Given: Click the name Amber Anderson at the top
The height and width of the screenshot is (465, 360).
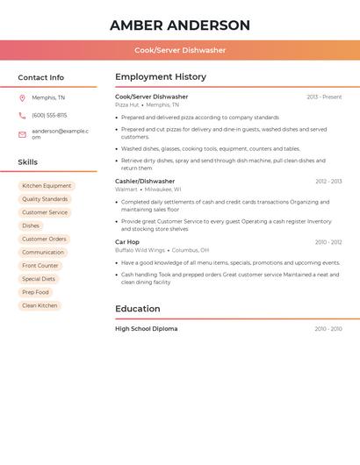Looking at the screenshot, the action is [x=180, y=25].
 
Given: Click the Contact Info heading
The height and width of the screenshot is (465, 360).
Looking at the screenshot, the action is [x=41, y=77].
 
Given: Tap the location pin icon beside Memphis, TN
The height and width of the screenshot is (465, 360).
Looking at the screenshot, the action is [x=22, y=98].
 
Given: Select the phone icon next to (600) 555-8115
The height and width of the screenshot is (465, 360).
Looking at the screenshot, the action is [x=22, y=116].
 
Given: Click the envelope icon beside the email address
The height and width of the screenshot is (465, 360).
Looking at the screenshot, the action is [x=22, y=134].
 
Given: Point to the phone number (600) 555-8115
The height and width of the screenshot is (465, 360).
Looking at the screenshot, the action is [x=49, y=116].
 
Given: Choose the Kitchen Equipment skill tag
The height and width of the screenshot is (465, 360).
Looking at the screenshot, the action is [x=47, y=186].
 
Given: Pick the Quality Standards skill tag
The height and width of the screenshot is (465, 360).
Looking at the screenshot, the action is [x=45, y=199].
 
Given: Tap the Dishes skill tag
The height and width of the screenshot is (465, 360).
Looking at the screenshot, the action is [x=31, y=225].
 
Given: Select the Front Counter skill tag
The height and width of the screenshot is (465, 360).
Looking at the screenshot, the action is [x=40, y=266].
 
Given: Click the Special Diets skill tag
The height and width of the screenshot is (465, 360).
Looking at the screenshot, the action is [x=39, y=279].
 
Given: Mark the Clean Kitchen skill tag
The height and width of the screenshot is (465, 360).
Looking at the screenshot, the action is [x=40, y=305].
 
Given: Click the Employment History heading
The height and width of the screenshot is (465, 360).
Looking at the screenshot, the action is [x=161, y=77].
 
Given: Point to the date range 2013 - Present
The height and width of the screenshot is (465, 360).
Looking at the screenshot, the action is [x=324, y=97].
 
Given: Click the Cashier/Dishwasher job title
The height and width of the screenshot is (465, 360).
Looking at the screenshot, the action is [x=145, y=182].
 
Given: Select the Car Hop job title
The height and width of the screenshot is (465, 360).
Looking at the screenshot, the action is [x=127, y=242].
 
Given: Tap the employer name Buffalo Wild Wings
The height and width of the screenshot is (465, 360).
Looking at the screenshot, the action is [x=140, y=250].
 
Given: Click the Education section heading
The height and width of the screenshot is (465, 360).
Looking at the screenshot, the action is [x=138, y=309].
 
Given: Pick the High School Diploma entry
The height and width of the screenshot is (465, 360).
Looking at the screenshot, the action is [x=147, y=329].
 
